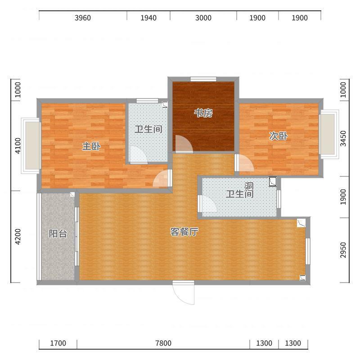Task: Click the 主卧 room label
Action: pyautogui.click(x=91, y=146)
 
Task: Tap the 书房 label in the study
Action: pyautogui.click(x=203, y=113)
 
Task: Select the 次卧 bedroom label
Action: pyautogui.click(x=278, y=136)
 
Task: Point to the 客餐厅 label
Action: pyautogui.click(x=184, y=232)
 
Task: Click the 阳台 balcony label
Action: pyautogui.click(x=58, y=234)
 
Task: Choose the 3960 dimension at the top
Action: pyautogui.click(x=83, y=18)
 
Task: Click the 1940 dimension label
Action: pyautogui.click(x=148, y=18)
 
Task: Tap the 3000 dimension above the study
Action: pyautogui.click(x=203, y=18)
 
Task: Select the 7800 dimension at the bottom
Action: pyautogui.click(x=163, y=343)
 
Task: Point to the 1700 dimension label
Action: pyautogui.click(x=58, y=343)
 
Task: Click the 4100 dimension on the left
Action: pyautogui.click(x=18, y=146)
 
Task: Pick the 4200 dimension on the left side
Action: pyautogui.click(x=18, y=237)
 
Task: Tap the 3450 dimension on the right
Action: pyautogui.click(x=343, y=138)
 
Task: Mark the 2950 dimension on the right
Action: pyautogui.click(x=343, y=250)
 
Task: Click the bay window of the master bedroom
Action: pyautogui.click(x=31, y=145)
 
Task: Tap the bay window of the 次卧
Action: pyautogui.click(x=329, y=134)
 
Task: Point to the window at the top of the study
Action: pyautogui.click(x=203, y=79)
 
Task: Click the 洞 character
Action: pyautogui.click(x=249, y=186)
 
